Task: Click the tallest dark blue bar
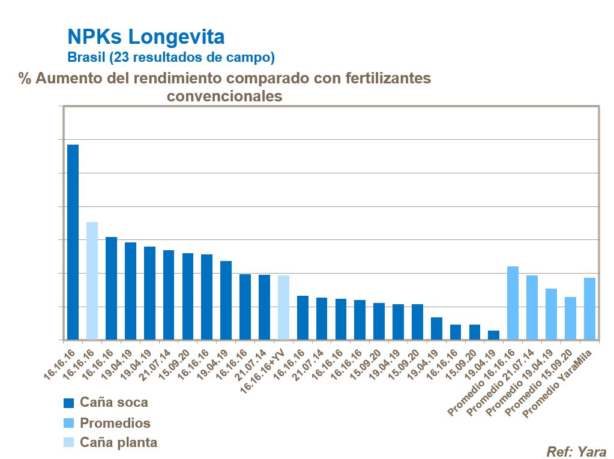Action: (73, 242)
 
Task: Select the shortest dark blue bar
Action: (493, 335)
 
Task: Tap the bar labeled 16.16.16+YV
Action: (283, 307)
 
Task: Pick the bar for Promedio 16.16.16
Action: (513, 303)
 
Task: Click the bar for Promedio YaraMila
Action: (589, 308)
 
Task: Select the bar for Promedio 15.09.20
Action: (570, 318)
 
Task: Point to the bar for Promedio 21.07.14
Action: (532, 307)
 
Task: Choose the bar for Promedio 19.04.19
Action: (551, 314)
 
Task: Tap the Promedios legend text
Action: (115, 423)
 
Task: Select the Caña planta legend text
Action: (118, 443)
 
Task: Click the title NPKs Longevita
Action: (146, 37)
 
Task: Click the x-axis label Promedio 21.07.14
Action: (500, 385)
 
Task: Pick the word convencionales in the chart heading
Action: (224, 96)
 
